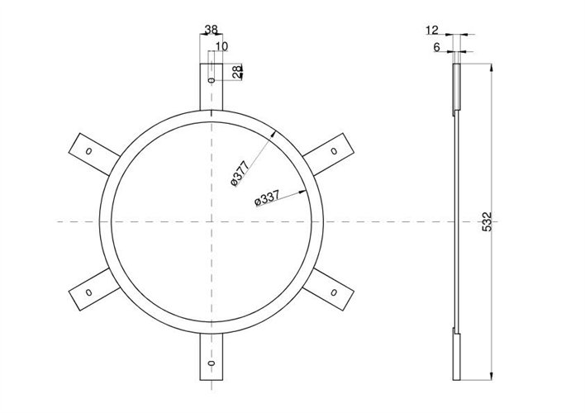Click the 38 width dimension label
coord(212,30)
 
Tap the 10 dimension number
coord(221,46)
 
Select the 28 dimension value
coord(237,72)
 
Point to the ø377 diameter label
coord(240,173)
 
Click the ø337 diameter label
coord(267,199)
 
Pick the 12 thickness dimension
coord(432,30)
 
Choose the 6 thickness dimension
coord(436,47)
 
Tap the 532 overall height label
coord(487,221)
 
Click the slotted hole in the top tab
coord(212,80)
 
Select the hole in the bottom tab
coord(212,363)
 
